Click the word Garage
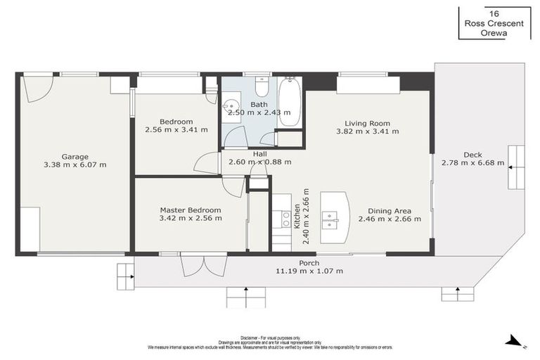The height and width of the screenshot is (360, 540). [75, 156]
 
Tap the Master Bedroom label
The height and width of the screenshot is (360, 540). [190, 210]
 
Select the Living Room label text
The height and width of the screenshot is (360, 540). [367, 122]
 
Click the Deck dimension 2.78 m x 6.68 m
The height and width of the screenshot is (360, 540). [472, 163]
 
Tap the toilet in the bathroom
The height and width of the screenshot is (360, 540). [262, 86]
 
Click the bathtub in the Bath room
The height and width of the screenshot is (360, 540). [289, 103]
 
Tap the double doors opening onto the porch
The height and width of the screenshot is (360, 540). [194, 265]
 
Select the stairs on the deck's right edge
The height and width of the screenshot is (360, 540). [516, 167]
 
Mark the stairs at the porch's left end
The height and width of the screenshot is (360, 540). [125, 276]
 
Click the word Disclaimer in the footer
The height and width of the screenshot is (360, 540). [250, 337]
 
